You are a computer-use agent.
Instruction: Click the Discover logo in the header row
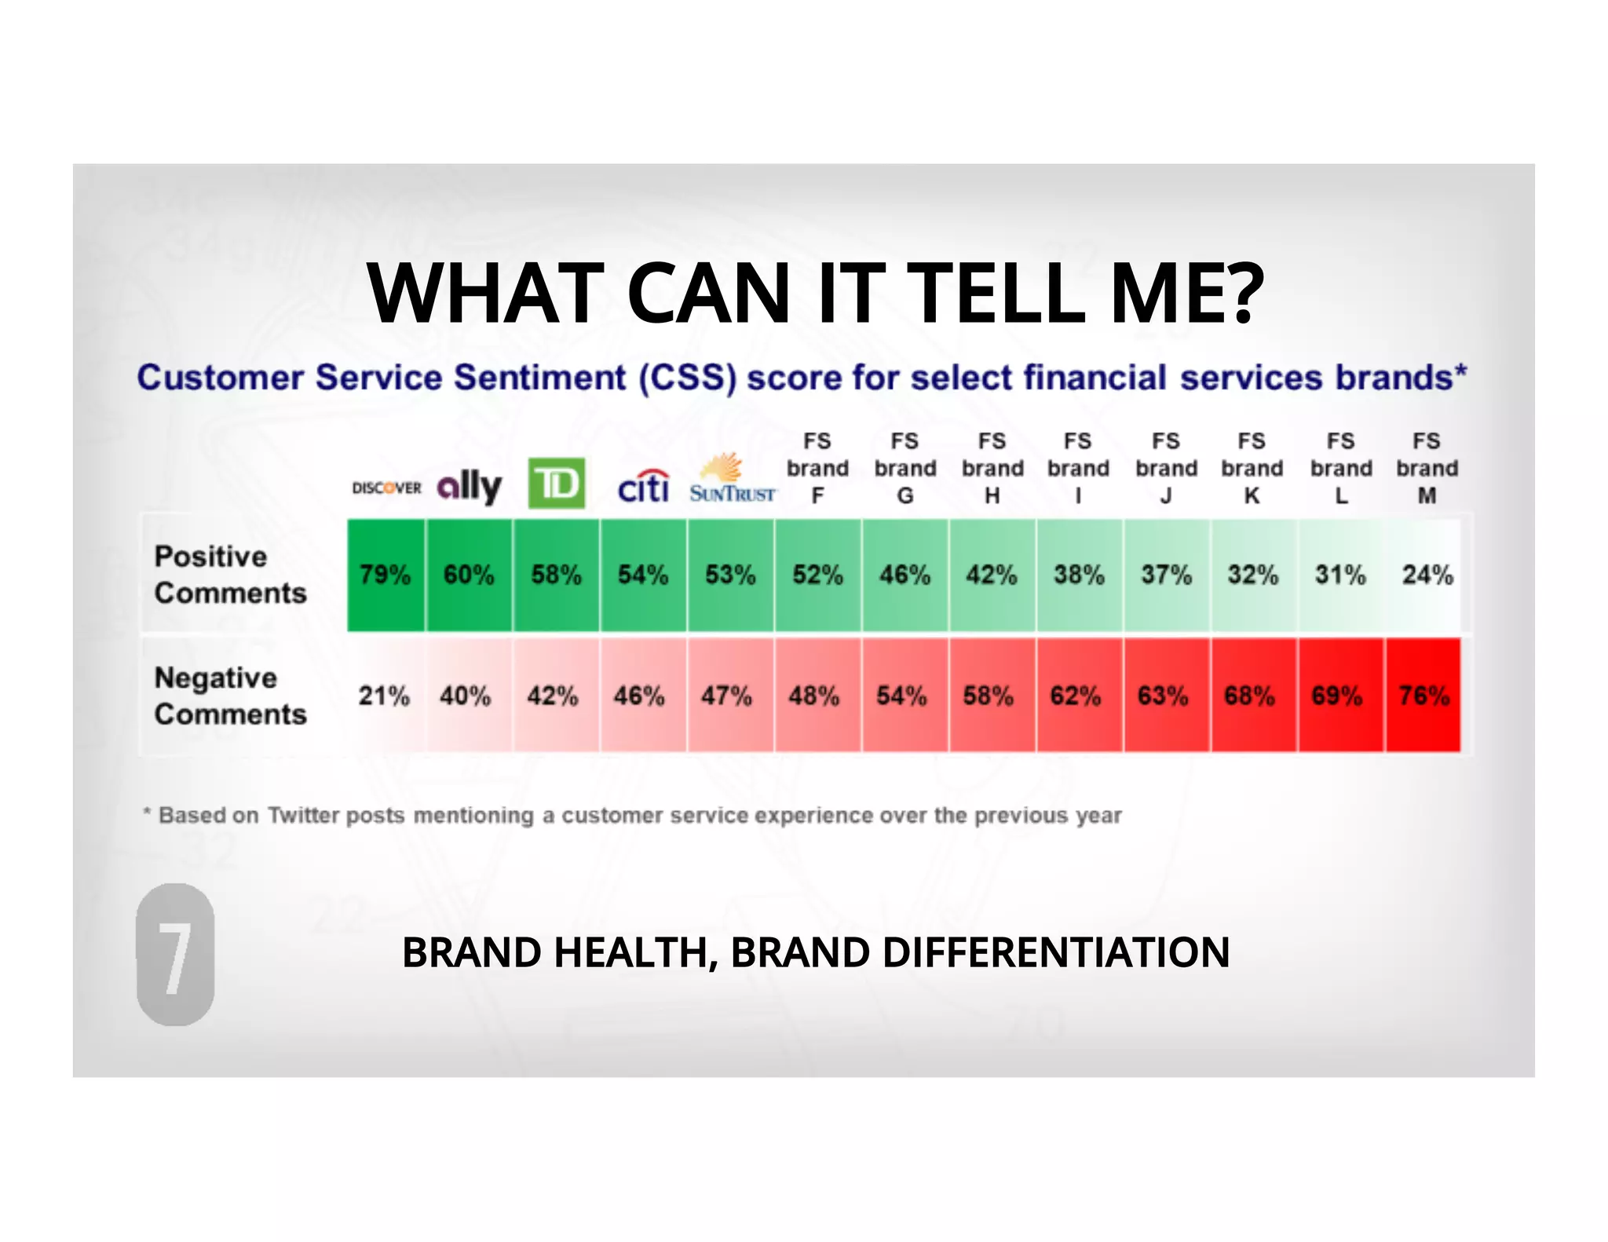pos(386,488)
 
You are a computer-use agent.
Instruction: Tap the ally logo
pos(470,487)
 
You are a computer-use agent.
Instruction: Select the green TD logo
pos(556,483)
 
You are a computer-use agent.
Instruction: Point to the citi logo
pos(643,487)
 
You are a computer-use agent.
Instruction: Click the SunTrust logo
pos(732,480)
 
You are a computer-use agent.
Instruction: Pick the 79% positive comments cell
pos(386,575)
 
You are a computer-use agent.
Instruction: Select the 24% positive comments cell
pos(1427,575)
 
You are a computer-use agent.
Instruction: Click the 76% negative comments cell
pos(1423,696)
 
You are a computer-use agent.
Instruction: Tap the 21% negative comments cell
pos(384,696)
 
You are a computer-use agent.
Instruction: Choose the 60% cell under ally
pos(469,575)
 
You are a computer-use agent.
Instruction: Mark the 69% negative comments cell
pos(1337,696)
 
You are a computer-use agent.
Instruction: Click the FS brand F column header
pos(817,469)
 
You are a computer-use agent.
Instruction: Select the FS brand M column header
pos(1427,469)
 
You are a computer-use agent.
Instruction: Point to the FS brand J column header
pos(1166,469)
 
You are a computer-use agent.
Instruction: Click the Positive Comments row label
pos(230,575)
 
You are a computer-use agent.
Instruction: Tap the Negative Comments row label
pos(230,696)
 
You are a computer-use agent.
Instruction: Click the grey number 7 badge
pos(175,955)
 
